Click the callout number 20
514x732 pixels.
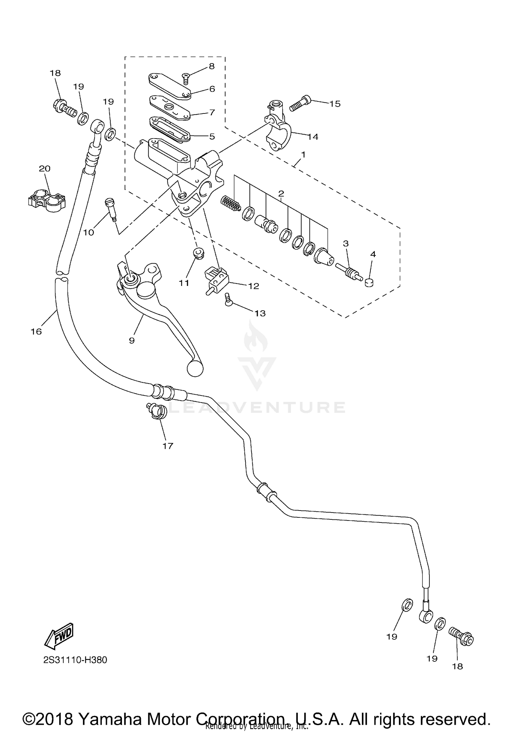[45, 168]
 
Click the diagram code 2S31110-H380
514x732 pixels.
[75, 660]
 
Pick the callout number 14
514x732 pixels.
[313, 137]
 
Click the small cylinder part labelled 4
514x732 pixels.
[369, 283]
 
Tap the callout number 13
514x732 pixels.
[260, 313]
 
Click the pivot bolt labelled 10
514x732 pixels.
[111, 207]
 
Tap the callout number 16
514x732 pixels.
[36, 331]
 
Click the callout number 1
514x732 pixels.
[303, 155]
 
